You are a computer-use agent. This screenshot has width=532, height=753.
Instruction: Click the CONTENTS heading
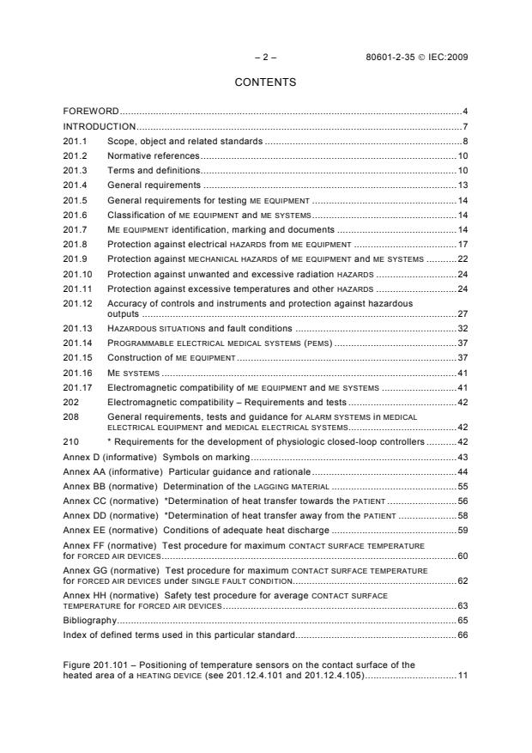(x=265, y=83)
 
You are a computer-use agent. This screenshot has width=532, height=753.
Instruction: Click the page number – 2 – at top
(x=265, y=58)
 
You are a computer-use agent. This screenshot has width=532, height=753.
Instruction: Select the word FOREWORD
(x=91, y=112)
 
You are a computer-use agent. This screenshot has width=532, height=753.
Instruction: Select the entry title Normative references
(x=153, y=155)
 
